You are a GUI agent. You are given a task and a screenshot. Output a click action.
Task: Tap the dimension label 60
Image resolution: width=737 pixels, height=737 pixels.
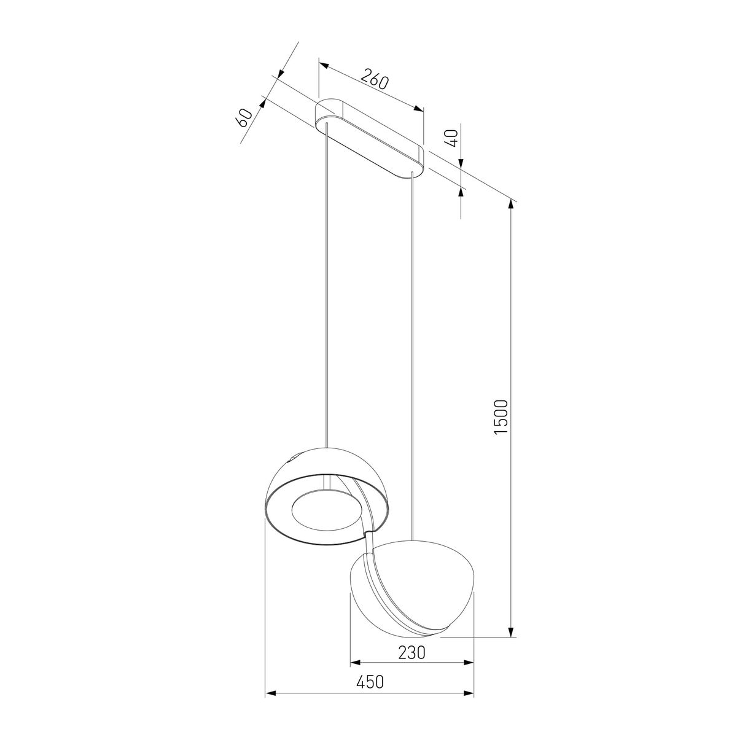click(x=244, y=118)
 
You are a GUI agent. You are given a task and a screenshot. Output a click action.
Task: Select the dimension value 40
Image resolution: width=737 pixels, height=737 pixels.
click(x=452, y=138)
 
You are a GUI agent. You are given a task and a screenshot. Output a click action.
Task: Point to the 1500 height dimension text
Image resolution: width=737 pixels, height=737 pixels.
click(x=501, y=416)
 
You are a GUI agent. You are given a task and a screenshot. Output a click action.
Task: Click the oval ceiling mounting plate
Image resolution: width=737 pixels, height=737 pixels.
click(x=368, y=138)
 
